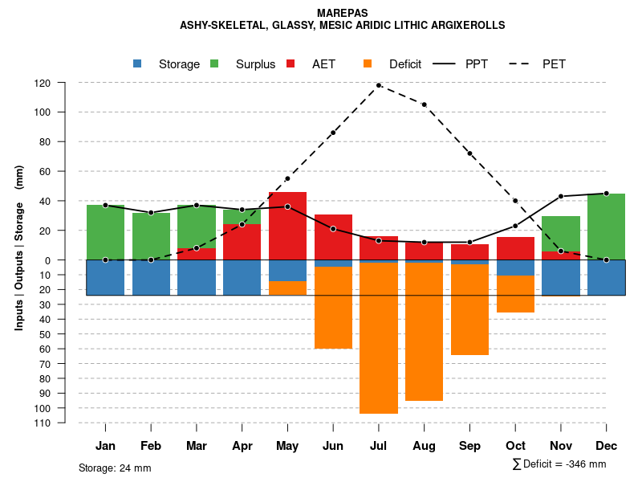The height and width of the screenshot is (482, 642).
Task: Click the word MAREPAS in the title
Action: click(343, 14)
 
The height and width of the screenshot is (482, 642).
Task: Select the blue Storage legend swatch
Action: click(137, 63)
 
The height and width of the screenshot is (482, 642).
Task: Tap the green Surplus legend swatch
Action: click(214, 63)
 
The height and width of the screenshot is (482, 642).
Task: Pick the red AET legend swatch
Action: click(291, 63)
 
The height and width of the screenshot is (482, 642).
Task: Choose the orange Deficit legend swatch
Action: click(368, 63)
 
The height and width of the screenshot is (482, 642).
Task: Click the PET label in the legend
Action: click(554, 64)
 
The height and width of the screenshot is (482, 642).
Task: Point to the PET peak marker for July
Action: click(379, 85)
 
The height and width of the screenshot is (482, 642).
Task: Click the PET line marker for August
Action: click(424, 104)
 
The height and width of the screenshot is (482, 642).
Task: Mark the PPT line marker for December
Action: click(606, 194)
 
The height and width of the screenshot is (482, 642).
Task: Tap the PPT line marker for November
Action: click(561, 196)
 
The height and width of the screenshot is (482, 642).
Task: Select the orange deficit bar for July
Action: click(379, 337)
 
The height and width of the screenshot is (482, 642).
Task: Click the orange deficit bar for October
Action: click(515, 294)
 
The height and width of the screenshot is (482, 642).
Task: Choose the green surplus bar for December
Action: click(606, 227)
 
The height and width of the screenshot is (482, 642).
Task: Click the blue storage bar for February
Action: click(151, 277)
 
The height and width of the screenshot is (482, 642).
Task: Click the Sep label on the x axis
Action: click(469, 446)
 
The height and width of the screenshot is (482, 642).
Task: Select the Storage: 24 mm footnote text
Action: click(115, 468)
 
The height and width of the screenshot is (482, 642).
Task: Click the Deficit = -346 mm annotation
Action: click(559, 464)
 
